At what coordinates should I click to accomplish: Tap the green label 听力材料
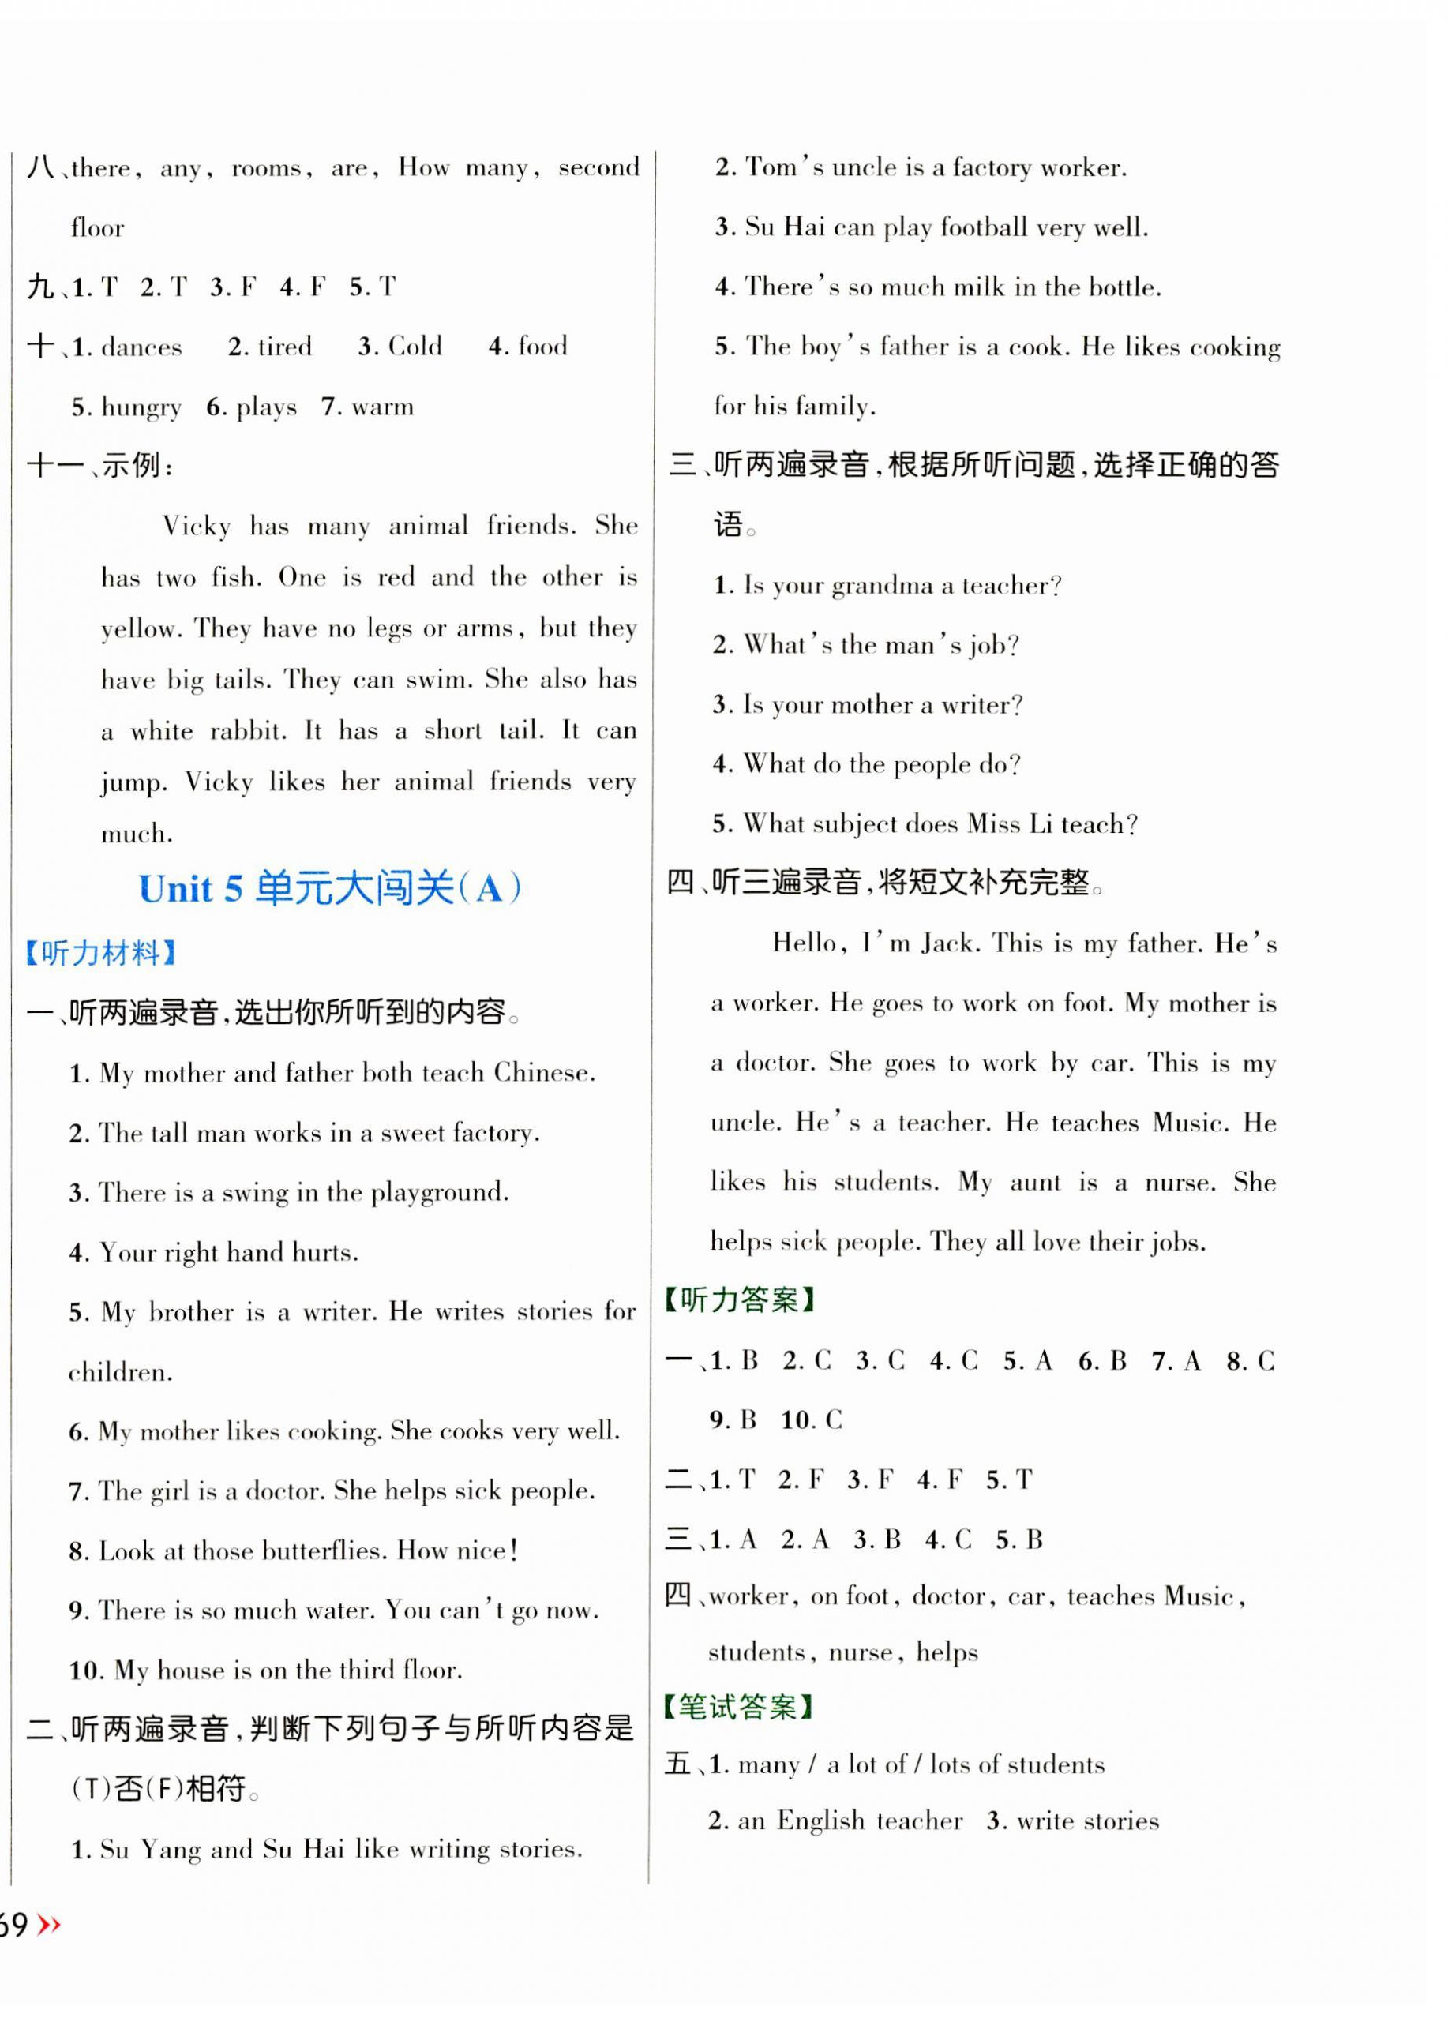[101, 954]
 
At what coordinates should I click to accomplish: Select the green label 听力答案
[739, 1300]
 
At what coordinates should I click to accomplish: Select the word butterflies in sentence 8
[324, 1551]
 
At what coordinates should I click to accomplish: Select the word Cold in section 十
[415, 346]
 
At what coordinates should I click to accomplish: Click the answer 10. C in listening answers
[811, 1419]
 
